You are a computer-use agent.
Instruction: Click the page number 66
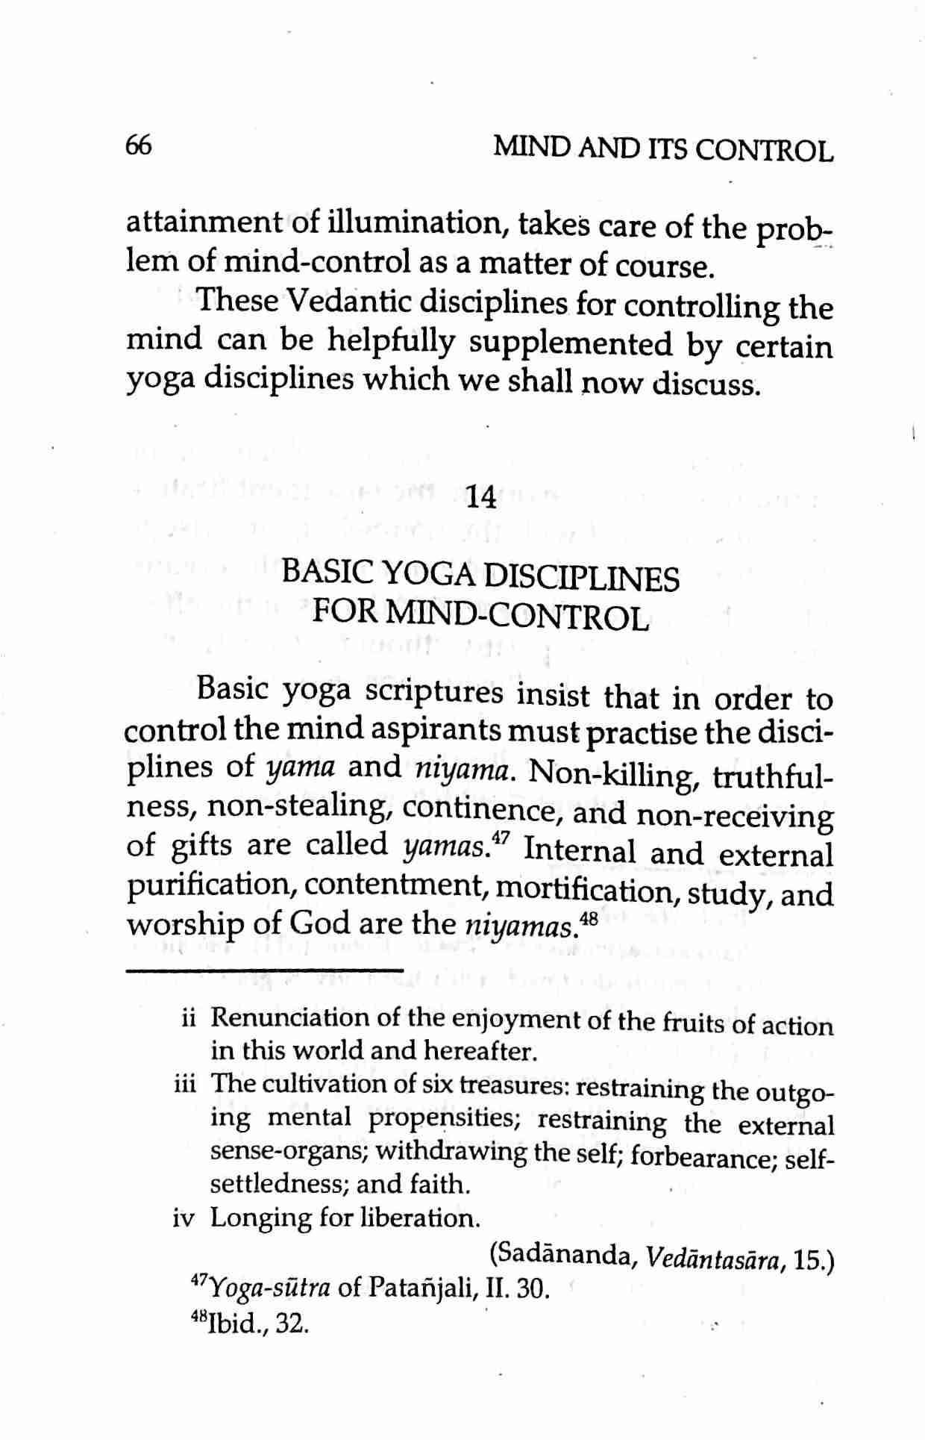[139, 145]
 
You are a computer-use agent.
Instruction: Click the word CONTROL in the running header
[764, 152]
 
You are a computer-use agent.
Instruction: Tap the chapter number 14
[480, 497]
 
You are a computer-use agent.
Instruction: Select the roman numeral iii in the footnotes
[185, 1083]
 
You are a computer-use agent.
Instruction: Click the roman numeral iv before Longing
[184, 1218]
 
